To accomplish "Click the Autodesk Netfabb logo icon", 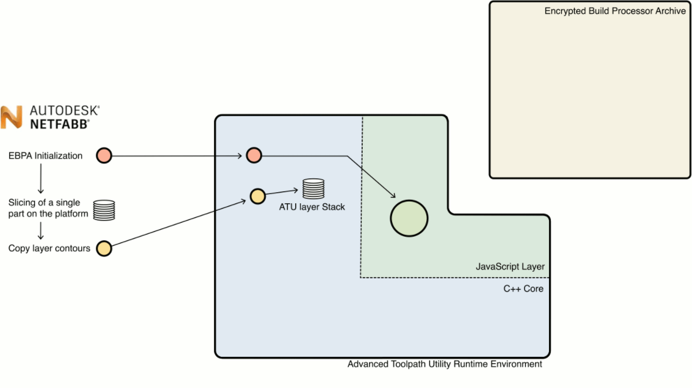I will point(12,117).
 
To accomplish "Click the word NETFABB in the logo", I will point(59,124).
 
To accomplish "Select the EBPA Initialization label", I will point(46,156).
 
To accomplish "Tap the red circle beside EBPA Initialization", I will point(104,155).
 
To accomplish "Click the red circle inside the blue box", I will point(254,155).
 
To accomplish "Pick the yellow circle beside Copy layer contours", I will point(104,248).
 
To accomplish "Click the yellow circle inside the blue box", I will point(257,195).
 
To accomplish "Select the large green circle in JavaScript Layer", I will point(409,218).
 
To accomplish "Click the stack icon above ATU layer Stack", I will point(313,189).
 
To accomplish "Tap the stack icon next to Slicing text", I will point(104,210).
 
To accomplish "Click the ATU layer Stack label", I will point(311,206).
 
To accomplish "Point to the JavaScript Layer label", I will point(510,267).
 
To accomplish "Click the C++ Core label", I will point(523,288).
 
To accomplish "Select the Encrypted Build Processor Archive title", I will point(615,12).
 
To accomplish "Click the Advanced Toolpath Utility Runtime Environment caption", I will point(445,364).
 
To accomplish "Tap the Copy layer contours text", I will point(49,248).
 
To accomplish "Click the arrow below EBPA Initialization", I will point(40,179).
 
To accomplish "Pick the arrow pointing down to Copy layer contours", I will point(40,231).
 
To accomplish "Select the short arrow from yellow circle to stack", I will point(283,192).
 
